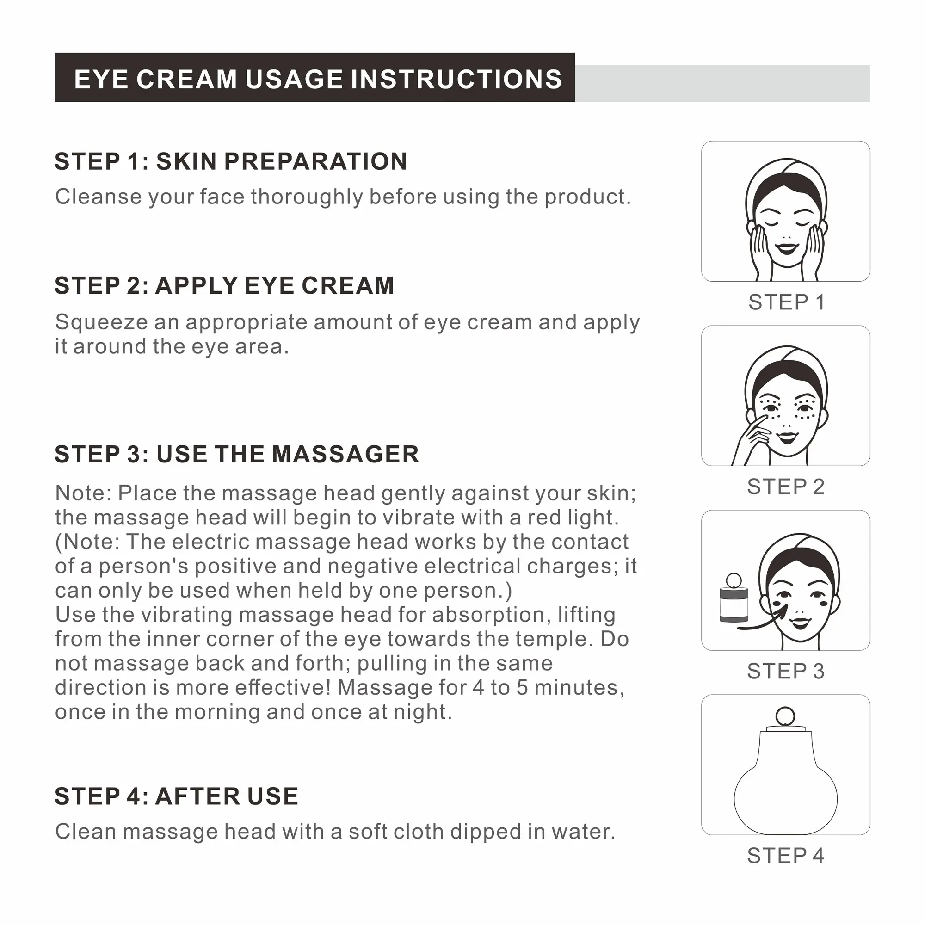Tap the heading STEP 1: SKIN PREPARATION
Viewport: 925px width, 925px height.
231,161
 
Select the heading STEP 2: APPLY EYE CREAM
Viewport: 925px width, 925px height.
225,285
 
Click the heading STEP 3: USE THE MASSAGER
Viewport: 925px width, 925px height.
237,454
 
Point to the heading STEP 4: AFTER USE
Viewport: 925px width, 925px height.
177,797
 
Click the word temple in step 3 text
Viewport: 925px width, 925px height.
552,640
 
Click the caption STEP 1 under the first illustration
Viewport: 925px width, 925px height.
786,302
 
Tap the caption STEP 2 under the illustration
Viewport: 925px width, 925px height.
786,487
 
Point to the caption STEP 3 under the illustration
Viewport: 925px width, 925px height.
786,671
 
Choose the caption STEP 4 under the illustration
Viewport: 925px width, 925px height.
786,855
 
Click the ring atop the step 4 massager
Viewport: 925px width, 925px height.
785,717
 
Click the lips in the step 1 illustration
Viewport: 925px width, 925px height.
787,248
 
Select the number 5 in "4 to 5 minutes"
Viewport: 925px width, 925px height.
522,688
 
